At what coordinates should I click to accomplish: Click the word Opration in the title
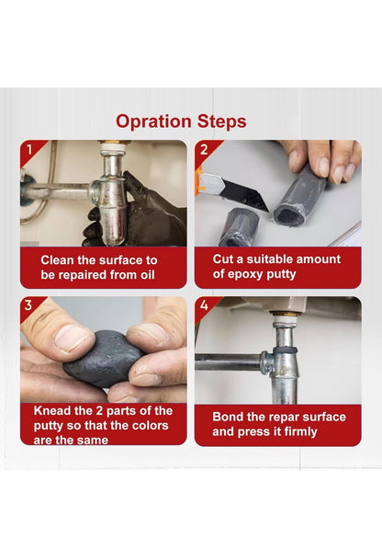[x=153, y=122]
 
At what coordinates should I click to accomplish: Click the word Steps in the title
[x=221, y=122]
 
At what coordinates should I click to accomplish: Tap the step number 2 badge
[x=205, y=150]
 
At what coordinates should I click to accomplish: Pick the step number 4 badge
[x=205, y=306]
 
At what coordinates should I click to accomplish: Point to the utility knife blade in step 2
[x=245, y=194]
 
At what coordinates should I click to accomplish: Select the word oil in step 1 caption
[x=148, y=275]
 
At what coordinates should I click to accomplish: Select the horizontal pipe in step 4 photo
[x=228, y=362]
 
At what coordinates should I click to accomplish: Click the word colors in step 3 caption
[x=150, y=426]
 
